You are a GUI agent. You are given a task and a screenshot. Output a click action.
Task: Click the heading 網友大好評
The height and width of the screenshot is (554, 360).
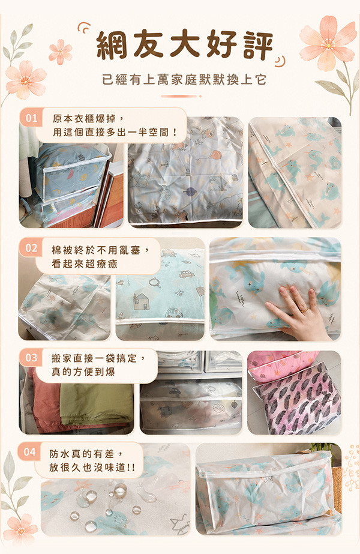[x=184, y=45]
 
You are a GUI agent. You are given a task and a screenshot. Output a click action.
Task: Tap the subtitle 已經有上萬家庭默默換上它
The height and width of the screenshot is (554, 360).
[x=184, y=79]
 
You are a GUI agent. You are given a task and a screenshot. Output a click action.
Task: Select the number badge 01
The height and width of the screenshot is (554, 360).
[x=31, y=118]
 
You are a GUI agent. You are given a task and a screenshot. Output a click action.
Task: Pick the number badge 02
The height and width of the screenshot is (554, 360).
[x=31, y=248]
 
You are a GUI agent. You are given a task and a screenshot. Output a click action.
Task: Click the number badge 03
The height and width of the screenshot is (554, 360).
[x=31, y=358]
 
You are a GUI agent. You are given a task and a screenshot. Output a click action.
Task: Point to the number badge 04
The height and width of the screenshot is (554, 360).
[x=30, y=452]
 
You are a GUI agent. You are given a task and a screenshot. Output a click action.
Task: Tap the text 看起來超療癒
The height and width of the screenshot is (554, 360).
[x=85, y=264]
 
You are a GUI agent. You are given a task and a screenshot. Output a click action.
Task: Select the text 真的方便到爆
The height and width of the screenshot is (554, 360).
[x=83, y=372]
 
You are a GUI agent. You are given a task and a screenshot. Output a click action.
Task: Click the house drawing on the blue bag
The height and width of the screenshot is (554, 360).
[x=142, y=301]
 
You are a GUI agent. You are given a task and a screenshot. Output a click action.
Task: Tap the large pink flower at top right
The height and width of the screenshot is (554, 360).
[x=328, y=44]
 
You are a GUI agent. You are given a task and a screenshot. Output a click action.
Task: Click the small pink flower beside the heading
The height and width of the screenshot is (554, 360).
[x=61, y=52]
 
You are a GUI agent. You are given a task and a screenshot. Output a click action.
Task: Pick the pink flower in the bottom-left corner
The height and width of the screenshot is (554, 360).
[x=20, y=529]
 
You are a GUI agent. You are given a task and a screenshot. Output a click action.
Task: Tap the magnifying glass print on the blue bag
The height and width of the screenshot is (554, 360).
[x=155, y=283]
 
